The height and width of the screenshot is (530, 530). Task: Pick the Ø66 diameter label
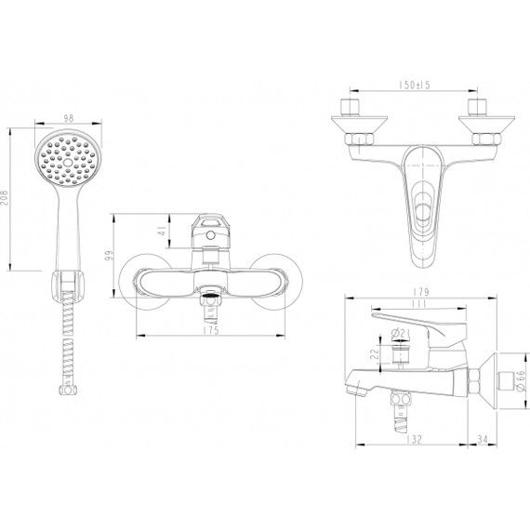click(520, 382)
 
